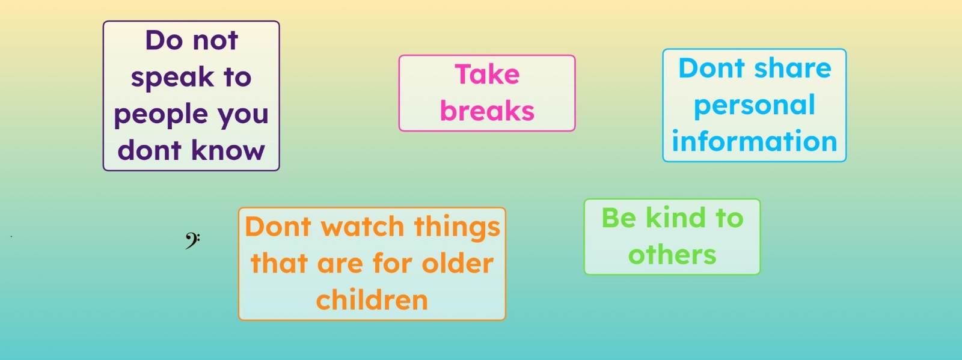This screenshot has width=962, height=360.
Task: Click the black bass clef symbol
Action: coord(192,240)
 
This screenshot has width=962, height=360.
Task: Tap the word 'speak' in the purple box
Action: coord(172,78)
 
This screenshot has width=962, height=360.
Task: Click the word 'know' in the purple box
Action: coord(228,151)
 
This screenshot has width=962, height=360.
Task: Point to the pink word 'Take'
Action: coord(487,75)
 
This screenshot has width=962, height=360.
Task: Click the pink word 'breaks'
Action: coord(487,111)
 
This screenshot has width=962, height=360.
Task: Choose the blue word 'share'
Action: coord(793,69)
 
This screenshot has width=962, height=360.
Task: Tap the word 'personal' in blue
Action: coord(755,106)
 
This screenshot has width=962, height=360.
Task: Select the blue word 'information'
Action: coord(755,142)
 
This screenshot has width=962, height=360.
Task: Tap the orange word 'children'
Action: coord(372,299)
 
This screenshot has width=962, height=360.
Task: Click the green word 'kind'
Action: coord(676,218)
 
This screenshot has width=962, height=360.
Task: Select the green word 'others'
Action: coord(672,254)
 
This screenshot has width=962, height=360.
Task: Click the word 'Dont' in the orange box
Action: coord(278,226)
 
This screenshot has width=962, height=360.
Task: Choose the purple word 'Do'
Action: coord(164,41)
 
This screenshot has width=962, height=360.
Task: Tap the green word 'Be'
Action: coord(619,218)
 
